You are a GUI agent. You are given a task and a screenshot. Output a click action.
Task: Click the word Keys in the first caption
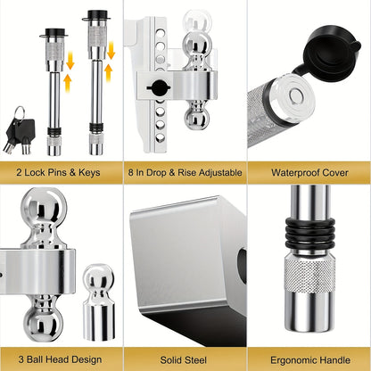89,172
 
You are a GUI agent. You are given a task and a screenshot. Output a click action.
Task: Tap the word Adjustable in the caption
220,173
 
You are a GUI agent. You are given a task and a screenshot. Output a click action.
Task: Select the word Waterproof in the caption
296,173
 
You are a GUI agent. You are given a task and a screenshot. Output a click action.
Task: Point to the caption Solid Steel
184,360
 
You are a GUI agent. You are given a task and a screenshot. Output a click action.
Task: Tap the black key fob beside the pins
24,131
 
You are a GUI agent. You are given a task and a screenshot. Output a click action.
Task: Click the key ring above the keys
21,113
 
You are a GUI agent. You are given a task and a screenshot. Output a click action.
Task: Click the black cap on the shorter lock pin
54,33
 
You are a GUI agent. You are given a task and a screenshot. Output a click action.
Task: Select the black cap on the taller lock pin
96,15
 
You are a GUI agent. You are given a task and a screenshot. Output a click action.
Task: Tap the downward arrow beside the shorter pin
70,61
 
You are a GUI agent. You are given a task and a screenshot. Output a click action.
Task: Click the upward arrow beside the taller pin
109,73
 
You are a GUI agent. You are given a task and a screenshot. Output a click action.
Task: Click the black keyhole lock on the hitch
160,87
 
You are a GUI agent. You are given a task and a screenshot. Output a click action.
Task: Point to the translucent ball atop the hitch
198,21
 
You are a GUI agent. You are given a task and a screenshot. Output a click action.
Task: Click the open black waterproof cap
332,52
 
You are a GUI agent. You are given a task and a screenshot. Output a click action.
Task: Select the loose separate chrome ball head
99,301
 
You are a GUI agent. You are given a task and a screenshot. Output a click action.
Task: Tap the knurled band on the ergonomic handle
310,275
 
